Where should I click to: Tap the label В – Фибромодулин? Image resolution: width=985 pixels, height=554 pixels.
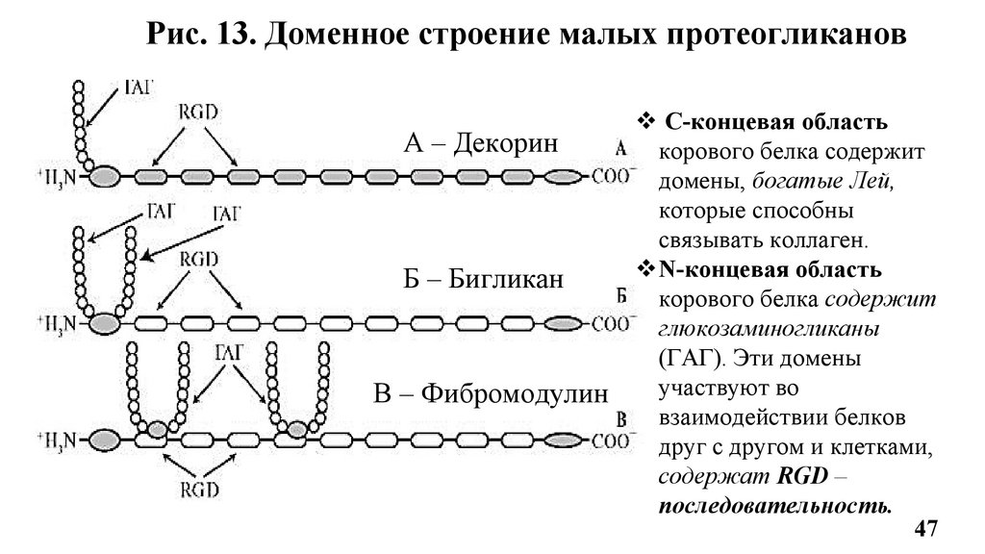(492, 393)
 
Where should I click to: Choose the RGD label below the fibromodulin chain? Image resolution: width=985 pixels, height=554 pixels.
(198, 488)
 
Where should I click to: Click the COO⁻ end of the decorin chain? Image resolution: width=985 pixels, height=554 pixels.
(611, 177)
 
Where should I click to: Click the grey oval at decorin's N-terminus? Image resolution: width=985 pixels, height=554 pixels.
(105, 177)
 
